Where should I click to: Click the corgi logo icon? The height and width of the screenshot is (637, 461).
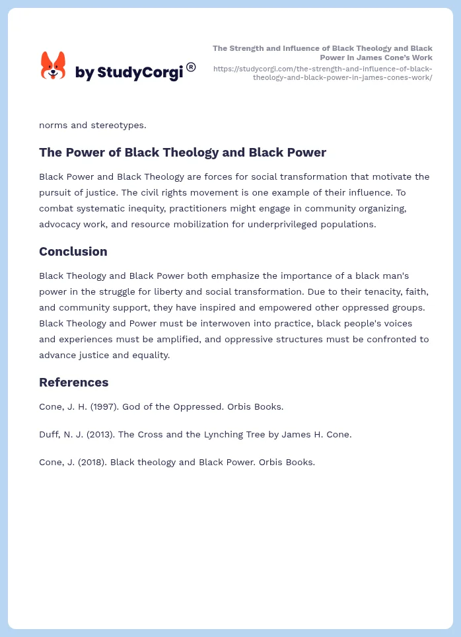click(x=53, y=65)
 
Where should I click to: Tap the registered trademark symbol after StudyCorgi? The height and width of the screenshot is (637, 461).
click(x=191, y=67)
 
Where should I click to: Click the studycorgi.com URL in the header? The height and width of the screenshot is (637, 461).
click(x=323, y=73)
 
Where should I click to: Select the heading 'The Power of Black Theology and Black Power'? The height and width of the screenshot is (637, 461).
click(x=182, y=153)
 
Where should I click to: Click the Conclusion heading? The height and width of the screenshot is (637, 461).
click(x=73, y=252)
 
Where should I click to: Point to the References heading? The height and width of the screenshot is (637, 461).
click(x=73, y=383)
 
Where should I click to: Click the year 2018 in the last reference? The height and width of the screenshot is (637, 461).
click(x=92, y=462)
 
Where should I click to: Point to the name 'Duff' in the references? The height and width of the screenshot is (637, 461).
click(x=50, y=434)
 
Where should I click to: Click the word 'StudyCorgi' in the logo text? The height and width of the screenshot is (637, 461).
click(x=139, y=73)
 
